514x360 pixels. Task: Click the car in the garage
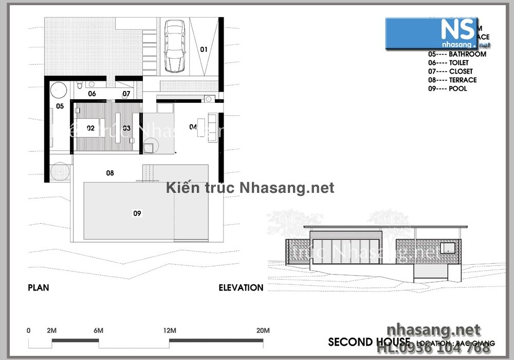(174, 47)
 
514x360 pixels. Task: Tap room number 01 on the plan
(204, 50)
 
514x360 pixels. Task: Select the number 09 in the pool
(137, 213)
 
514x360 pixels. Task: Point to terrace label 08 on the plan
(110, 173)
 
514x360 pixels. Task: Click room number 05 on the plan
(60, 106)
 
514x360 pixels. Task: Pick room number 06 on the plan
(92, 94)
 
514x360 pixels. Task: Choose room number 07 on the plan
(126, 94)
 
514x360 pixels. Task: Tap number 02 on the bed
(90, 128)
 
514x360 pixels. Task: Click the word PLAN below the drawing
(39, 288)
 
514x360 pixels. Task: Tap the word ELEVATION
(241, 288)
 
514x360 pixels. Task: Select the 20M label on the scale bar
(263, 330)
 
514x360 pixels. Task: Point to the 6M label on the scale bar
(98, 330)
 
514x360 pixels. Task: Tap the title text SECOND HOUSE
(369, 342)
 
